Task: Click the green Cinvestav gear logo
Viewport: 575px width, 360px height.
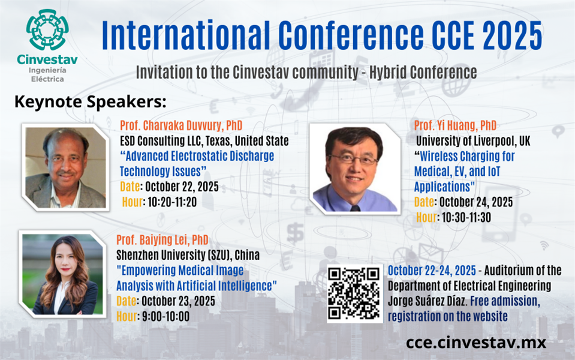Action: coord(47,30)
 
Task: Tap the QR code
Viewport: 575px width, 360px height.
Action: coord(354,293)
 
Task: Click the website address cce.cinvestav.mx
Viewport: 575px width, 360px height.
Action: coord(476,343)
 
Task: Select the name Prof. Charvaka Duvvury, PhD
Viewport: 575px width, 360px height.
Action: coord(181,125)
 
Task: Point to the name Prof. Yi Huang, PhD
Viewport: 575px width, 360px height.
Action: coord(455,125)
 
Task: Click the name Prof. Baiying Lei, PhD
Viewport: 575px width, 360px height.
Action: coord(162,240)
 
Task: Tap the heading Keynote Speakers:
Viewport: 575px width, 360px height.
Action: coord(90,101)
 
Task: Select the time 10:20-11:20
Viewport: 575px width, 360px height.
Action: coord(172,202)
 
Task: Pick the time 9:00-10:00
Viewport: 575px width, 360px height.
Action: coord(165,316)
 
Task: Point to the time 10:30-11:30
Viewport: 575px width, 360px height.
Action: coord(466,217)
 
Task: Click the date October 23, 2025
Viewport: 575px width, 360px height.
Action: coord(178,301)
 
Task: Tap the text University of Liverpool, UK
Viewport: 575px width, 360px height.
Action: coord(473,141)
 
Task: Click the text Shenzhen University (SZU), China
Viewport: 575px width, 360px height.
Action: coord(188,255)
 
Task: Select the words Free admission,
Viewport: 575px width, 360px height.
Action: coord(505,301)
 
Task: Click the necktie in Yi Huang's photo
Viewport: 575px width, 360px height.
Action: coord(355,208)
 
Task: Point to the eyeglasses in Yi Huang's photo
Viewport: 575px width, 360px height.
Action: coord(353,159)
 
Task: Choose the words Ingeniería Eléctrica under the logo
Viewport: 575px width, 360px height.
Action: coord(47,74)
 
